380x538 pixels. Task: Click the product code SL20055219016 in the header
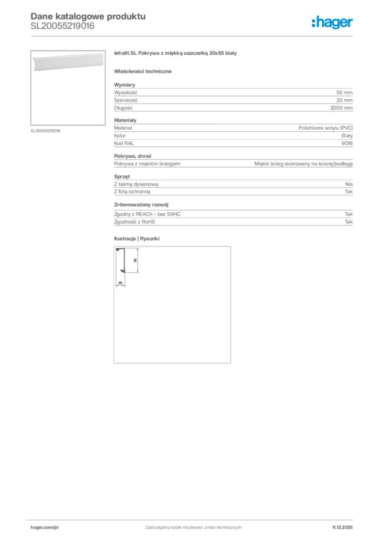pos(62,26)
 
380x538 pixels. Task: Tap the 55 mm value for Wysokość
pos(344,92)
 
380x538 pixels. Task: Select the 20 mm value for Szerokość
pos(344,100)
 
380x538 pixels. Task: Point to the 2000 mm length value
pos(342,108)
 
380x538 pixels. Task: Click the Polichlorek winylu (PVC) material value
pos(325,128)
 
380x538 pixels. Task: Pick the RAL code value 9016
pos(347,143)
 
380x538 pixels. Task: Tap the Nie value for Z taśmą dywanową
pos(349,184)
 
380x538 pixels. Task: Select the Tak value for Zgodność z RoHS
pos(349,222)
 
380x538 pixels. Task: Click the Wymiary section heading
pos(124,84)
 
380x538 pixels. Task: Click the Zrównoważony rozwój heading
pos(141,204)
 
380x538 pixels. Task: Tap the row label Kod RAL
pos(123,143)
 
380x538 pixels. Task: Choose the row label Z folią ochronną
pos(132,192)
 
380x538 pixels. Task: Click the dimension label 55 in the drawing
pos(135,260)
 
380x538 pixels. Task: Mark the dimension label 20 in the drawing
pos(120,283)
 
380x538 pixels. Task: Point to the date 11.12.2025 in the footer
pos(342,527)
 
